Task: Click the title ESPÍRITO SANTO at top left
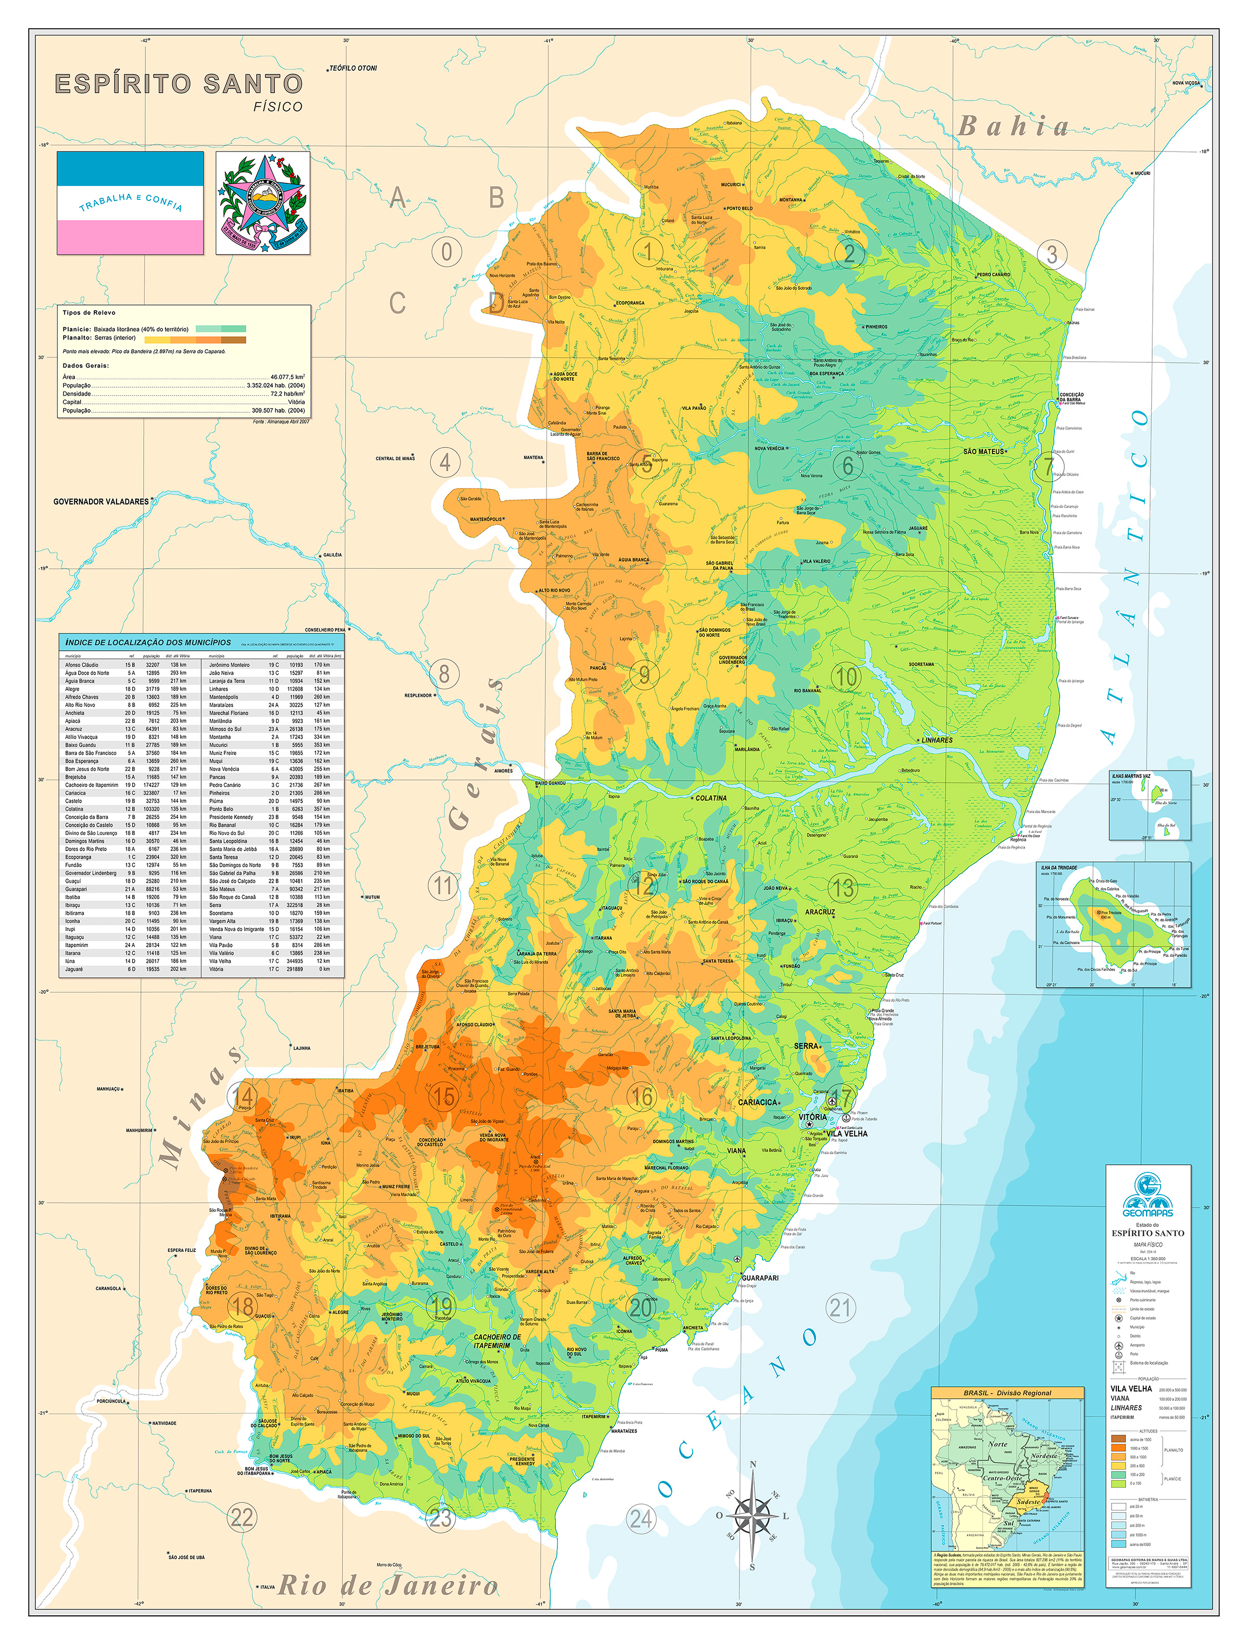[179, 83]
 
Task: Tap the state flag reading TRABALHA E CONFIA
[130, 203]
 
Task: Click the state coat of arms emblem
[263, 203]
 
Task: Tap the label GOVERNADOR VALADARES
[100, 501]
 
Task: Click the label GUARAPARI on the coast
[760, 1277]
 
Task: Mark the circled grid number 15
[444, 1096]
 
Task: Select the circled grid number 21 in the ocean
[840, 1307]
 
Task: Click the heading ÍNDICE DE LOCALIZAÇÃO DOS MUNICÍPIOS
[148, 642]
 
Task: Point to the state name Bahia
[1012, 126]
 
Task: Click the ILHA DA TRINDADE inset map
[1113, 925]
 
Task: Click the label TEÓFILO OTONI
[353, 68]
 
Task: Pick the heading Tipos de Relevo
[88, 312]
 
